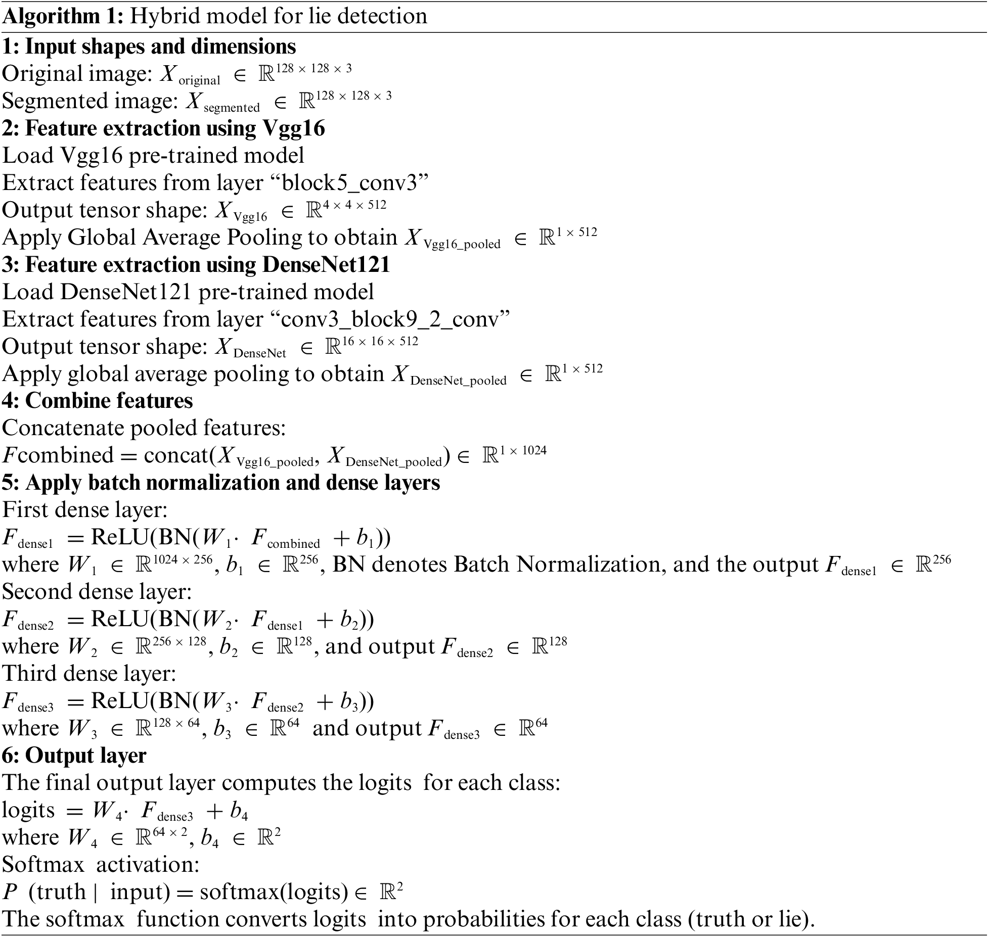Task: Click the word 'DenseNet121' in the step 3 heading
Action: pyautogui.click(x=326, y=265)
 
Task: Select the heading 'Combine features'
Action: pyautogui.click(x=109, y=401)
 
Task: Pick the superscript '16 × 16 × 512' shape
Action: pyautogui.click(x=380, y=342)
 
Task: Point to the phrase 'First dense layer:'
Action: pyautogui.click(x=85, y=509)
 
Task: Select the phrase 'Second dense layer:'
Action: pyautogui.click(x=97, y=591)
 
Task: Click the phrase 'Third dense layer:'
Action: pyautogui.click(x=89, y=673)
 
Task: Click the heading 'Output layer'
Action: pyautogui.click(x=85, y=755)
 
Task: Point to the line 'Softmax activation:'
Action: pyautogui.click(x=101, y=865)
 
